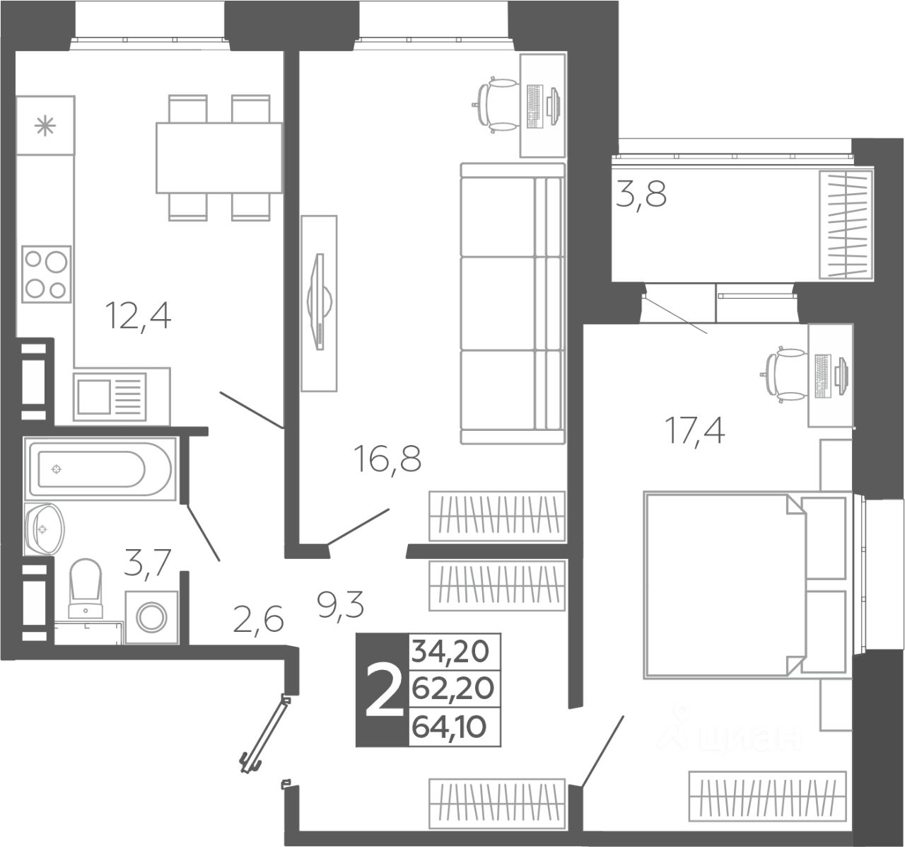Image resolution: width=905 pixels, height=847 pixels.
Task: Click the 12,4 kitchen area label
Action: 139,316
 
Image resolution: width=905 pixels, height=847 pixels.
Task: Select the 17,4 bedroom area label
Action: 694,430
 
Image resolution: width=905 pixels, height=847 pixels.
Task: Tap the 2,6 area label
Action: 258,620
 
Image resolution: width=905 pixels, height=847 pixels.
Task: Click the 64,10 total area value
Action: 449,727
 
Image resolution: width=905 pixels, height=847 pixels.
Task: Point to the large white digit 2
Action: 385,690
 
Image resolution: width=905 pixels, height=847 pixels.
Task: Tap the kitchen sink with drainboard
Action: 110,396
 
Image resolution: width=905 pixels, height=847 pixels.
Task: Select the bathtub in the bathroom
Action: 100,468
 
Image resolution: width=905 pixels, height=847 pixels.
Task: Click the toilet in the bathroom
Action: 86,589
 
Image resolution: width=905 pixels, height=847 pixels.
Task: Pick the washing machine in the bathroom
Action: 151,617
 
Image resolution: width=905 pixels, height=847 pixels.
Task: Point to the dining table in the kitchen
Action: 218,157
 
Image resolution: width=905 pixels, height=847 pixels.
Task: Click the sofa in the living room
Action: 513,304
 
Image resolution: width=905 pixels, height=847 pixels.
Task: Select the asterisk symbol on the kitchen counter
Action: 45,126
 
